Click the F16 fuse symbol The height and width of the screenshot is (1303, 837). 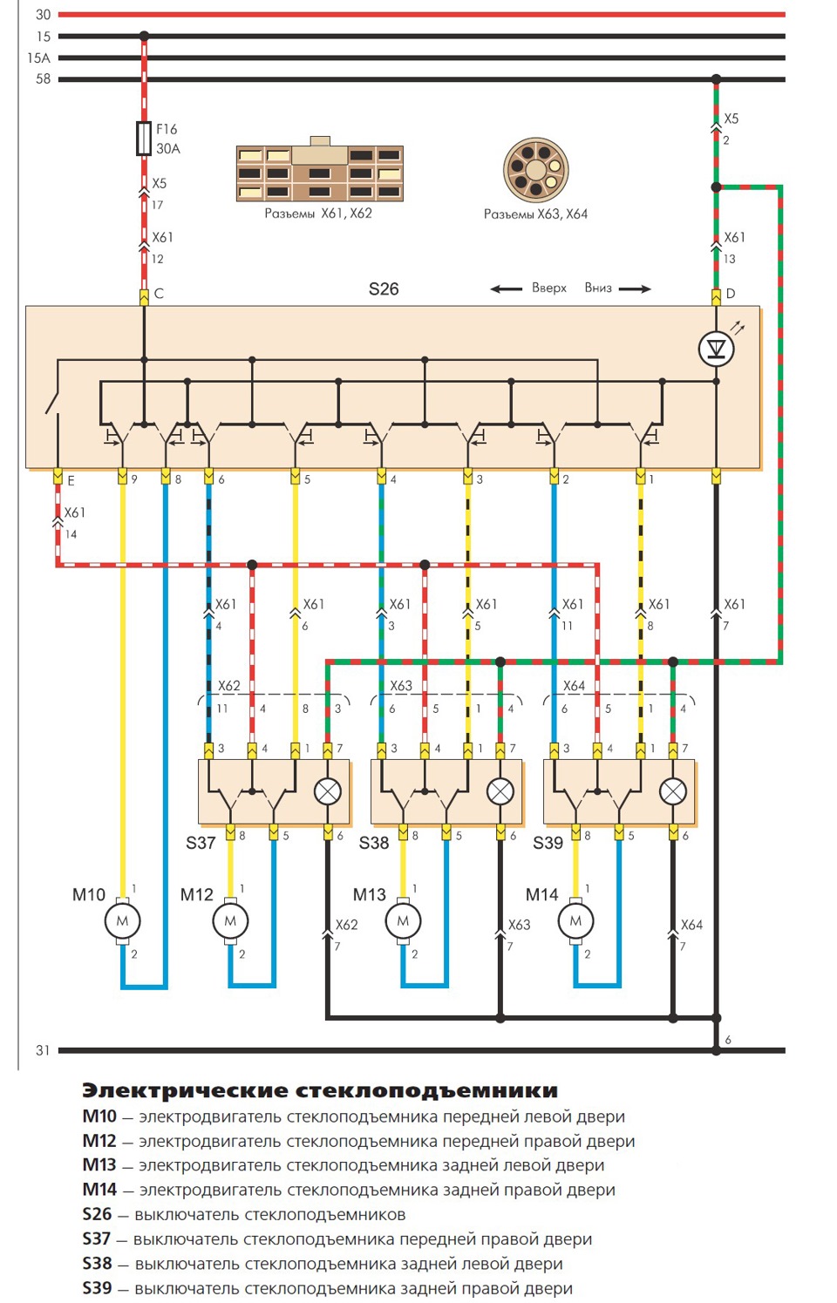pos(144,139)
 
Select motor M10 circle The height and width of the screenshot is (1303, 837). pos(122,921)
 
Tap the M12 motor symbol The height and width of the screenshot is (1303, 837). pos(230,921)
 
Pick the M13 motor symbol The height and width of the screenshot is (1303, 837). pos(403,921)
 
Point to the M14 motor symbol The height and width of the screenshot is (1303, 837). pos(575,921)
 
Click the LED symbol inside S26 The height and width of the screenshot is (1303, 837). pos(716,349)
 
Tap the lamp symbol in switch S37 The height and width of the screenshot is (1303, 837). pos(328,791)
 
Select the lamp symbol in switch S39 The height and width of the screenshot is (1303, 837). pos(673,791)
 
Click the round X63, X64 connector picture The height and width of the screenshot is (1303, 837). pos(535,170)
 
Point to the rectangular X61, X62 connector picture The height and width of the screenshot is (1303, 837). pos(320,170)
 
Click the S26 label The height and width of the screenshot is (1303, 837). pos(384,288)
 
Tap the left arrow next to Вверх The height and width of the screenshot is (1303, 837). pos(506,288)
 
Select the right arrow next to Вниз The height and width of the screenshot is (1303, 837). pos(635,288)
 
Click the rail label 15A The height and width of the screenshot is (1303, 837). pos(38,58)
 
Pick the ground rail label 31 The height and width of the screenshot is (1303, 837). pos(43,1050)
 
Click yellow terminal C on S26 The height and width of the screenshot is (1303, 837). pos(144,297)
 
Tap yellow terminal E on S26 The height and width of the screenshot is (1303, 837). pos(57,477)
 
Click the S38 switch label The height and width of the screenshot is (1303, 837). pos(374,843)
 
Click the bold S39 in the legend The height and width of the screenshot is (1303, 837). pos(97,1288)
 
